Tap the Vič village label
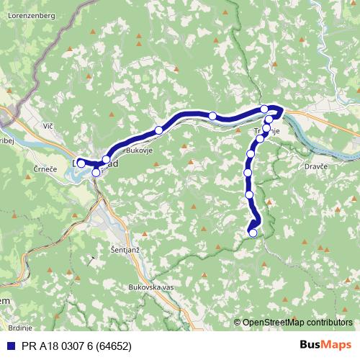coord(49,127)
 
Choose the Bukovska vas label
coord(150,287)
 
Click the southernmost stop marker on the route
coord(253,233)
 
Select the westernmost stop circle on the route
coord(81,163)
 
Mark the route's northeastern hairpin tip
coord(281,109)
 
